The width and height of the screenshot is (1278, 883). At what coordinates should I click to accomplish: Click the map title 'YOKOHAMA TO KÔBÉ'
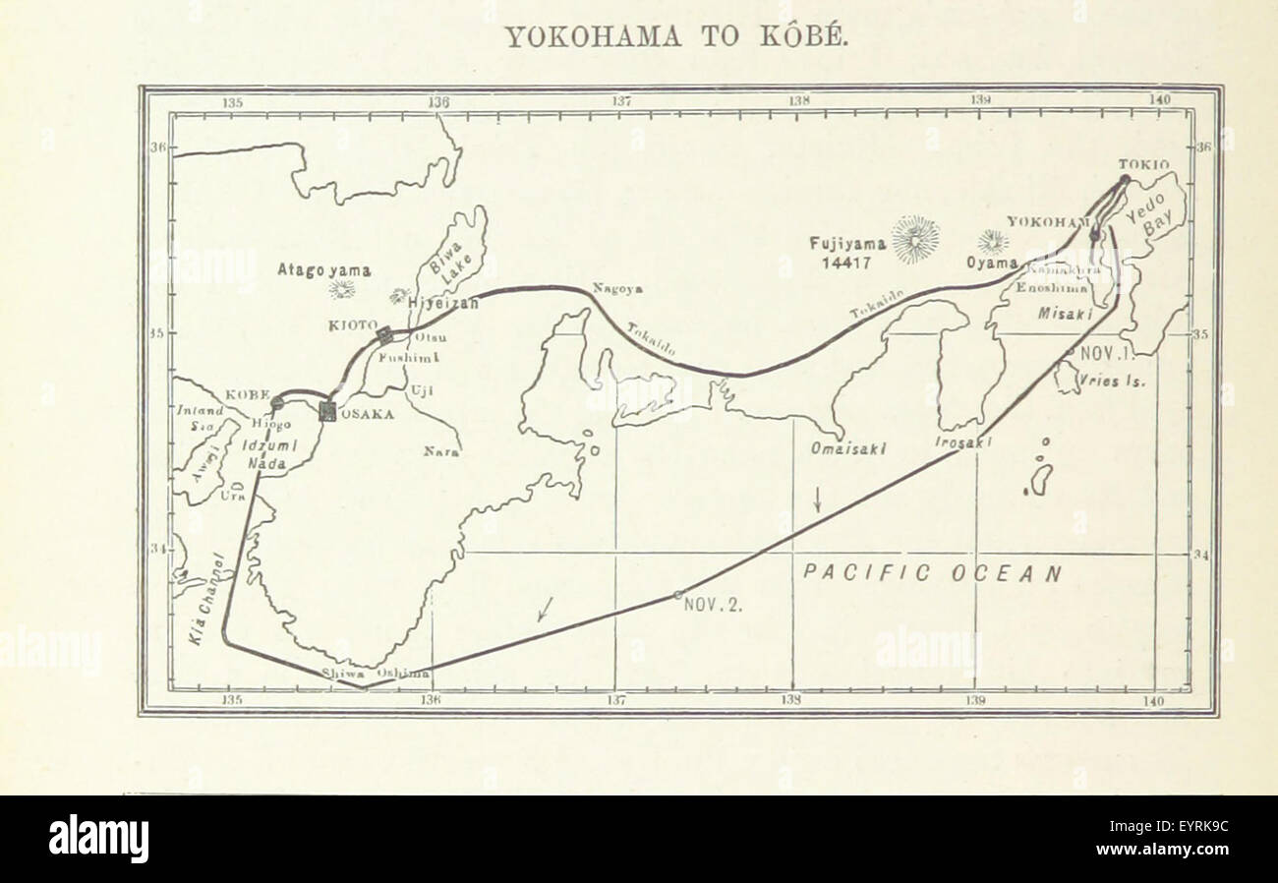click(x=674, y=38)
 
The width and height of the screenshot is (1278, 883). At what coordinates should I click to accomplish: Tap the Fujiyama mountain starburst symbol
click(x=914, y=239)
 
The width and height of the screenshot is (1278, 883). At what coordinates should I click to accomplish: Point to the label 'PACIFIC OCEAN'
click(x=932, y=573)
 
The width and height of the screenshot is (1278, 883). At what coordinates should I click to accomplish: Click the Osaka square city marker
click(x=327, y=412)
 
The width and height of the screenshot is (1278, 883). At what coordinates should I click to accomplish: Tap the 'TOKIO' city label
click(x=1143, y=165)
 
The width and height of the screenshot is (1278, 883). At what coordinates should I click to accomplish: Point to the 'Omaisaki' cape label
click(x=848, y=448)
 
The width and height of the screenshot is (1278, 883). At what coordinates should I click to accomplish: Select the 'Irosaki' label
click(x=962, y=443)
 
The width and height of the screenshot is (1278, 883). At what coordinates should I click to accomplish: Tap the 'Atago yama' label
click(x=323, y=268)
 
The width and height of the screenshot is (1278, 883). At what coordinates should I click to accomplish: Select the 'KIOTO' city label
click(x=352, y=324)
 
